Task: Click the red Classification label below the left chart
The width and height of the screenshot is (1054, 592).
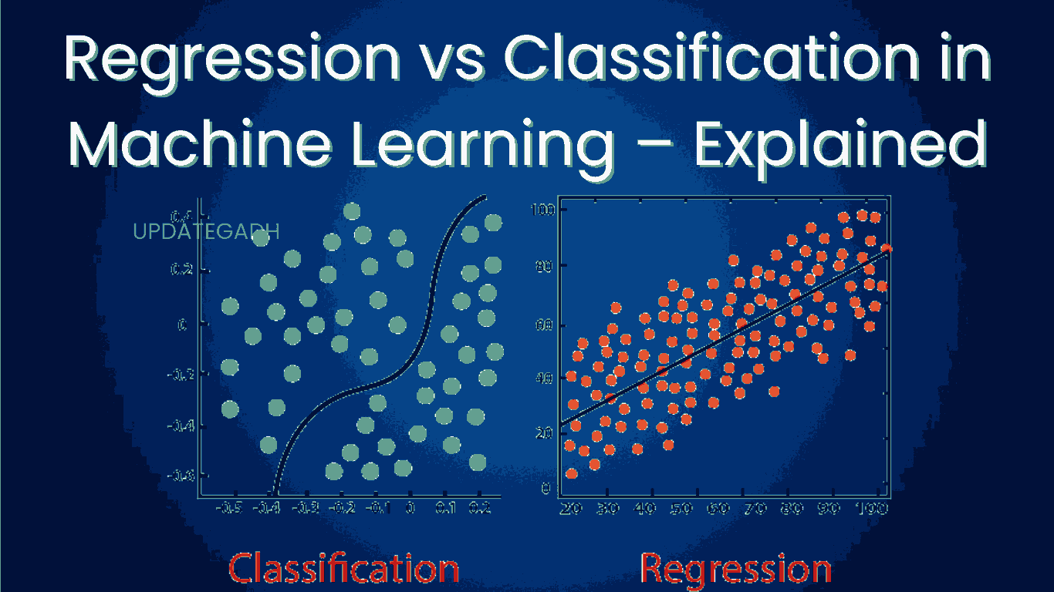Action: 343,569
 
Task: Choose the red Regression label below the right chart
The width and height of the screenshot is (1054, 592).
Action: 736,569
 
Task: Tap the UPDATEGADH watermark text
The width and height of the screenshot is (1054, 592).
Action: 206,231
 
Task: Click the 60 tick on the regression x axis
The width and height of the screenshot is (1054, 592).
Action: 719,509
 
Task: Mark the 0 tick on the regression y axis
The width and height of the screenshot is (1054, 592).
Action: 547,488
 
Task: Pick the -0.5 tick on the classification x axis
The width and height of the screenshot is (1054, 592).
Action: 229,509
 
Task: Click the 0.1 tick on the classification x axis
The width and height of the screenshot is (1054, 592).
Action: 445,509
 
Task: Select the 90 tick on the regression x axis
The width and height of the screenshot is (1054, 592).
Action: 830,509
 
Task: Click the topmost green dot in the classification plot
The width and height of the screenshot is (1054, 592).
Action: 352,210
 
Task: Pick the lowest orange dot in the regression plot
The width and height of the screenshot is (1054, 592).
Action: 571,473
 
